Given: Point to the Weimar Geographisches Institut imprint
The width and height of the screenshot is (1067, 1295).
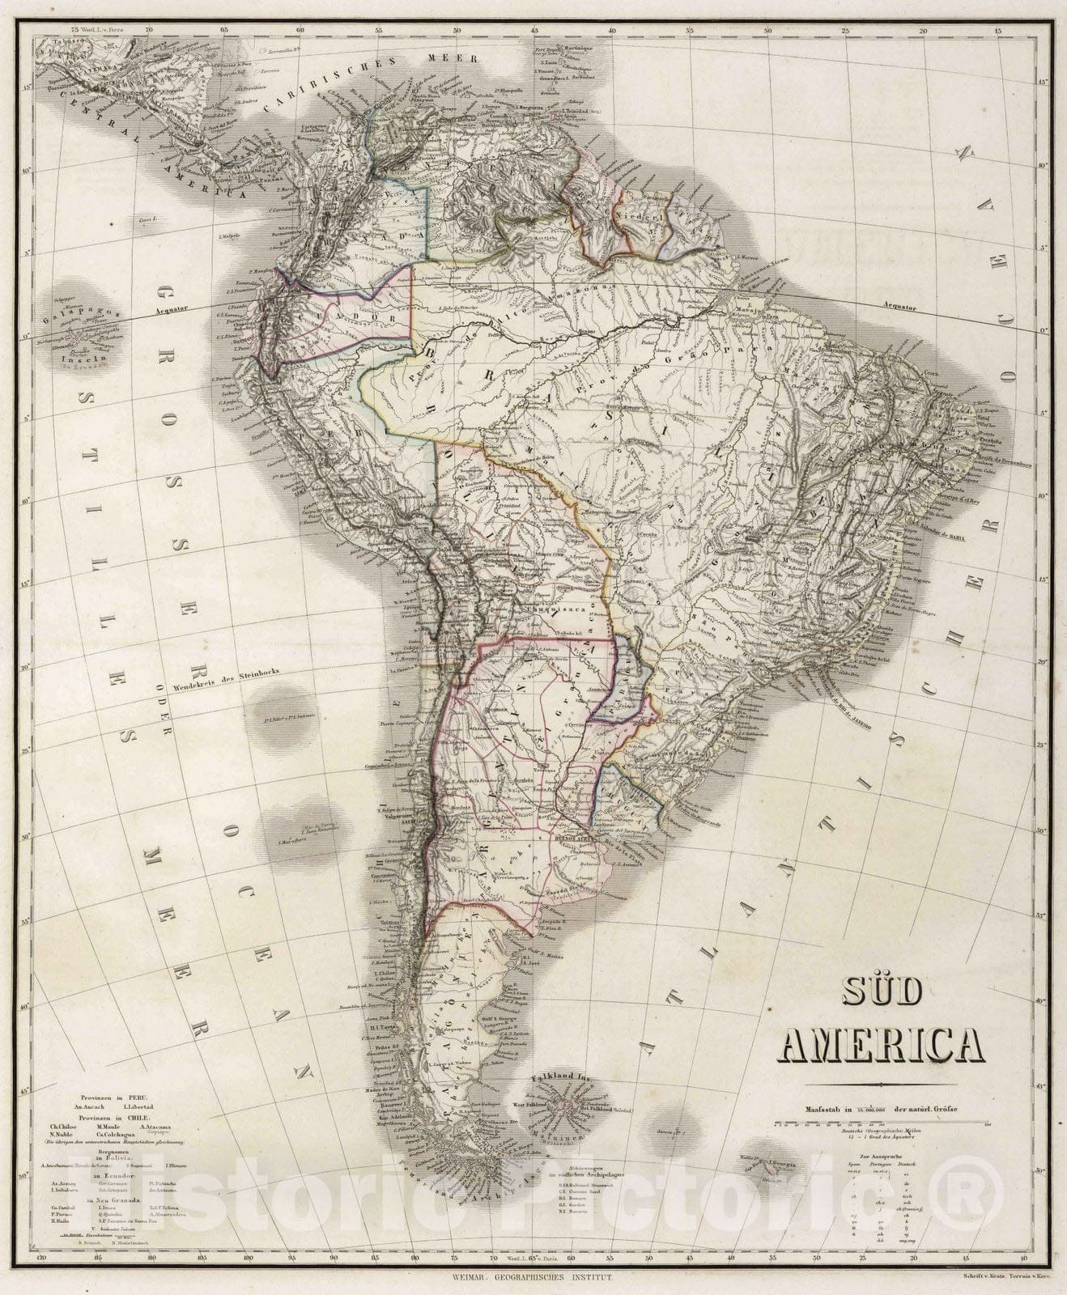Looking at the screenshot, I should coord(533,1280).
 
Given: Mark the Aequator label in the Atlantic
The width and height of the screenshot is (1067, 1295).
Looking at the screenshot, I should coord(900,308).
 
